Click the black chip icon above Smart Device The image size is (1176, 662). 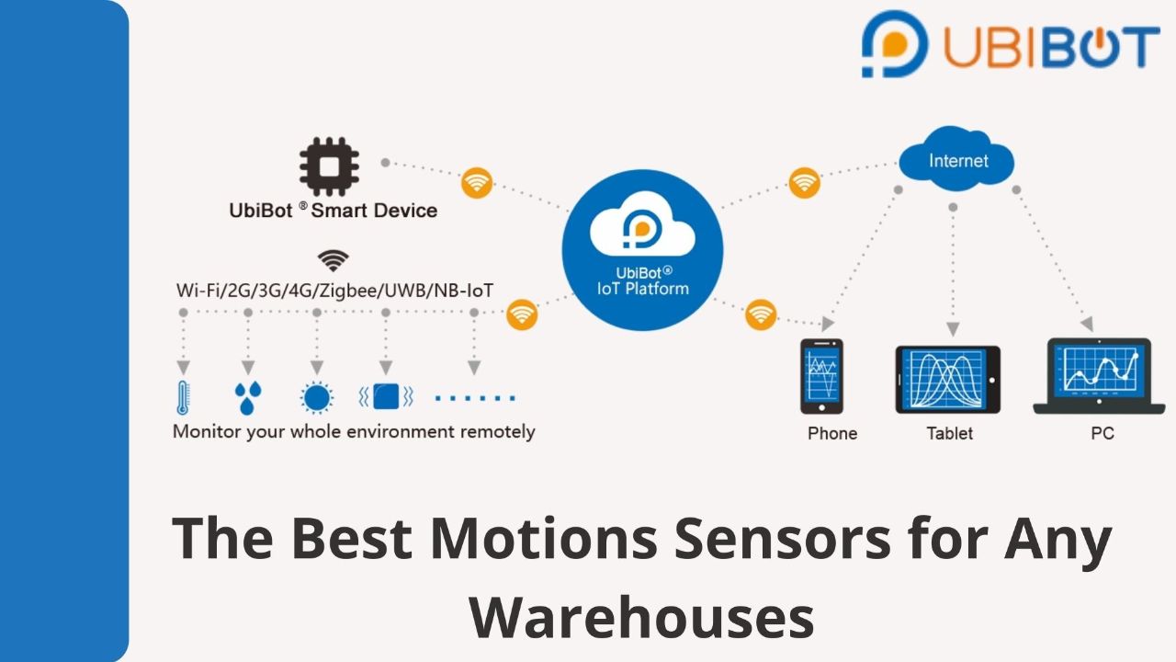tap(329, 166)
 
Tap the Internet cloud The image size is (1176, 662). tap(956, 159)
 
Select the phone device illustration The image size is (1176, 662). tap(821, 376)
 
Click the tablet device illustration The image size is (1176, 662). tap(947, 380)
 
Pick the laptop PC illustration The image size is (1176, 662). tap(1099, 376)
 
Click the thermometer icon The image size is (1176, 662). tap(183, 397)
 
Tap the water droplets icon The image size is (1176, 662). tap(248, 398)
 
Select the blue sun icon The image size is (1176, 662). tap(317, 397)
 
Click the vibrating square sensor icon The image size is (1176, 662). tap(386, 396)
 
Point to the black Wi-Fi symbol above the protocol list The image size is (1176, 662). tap(333, 260)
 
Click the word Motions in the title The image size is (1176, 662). tap(543, 538)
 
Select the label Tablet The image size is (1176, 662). tap(949, 433)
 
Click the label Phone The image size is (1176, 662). tap(832, 433)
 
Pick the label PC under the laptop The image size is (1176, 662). tap(1102, 433)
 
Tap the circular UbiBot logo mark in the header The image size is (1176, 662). tap(895, 44)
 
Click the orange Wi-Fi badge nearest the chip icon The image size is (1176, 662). tap(477, 183)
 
